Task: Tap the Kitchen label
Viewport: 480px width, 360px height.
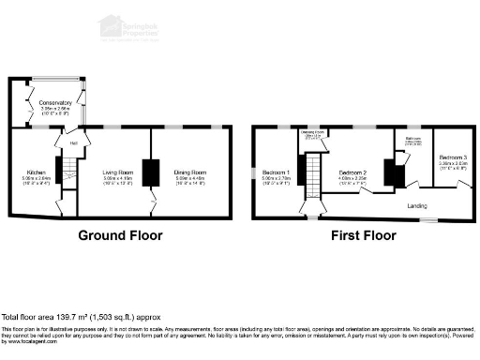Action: (x=37, y=172)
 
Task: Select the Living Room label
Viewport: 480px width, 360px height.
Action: (x=117, y=172)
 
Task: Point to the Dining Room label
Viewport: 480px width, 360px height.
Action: (x=189, y=172)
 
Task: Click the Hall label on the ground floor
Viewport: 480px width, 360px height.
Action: (x=72, y=143)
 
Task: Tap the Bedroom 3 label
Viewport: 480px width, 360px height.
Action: (x=453, y=157)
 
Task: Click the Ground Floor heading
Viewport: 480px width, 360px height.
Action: (x=119, y=235)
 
